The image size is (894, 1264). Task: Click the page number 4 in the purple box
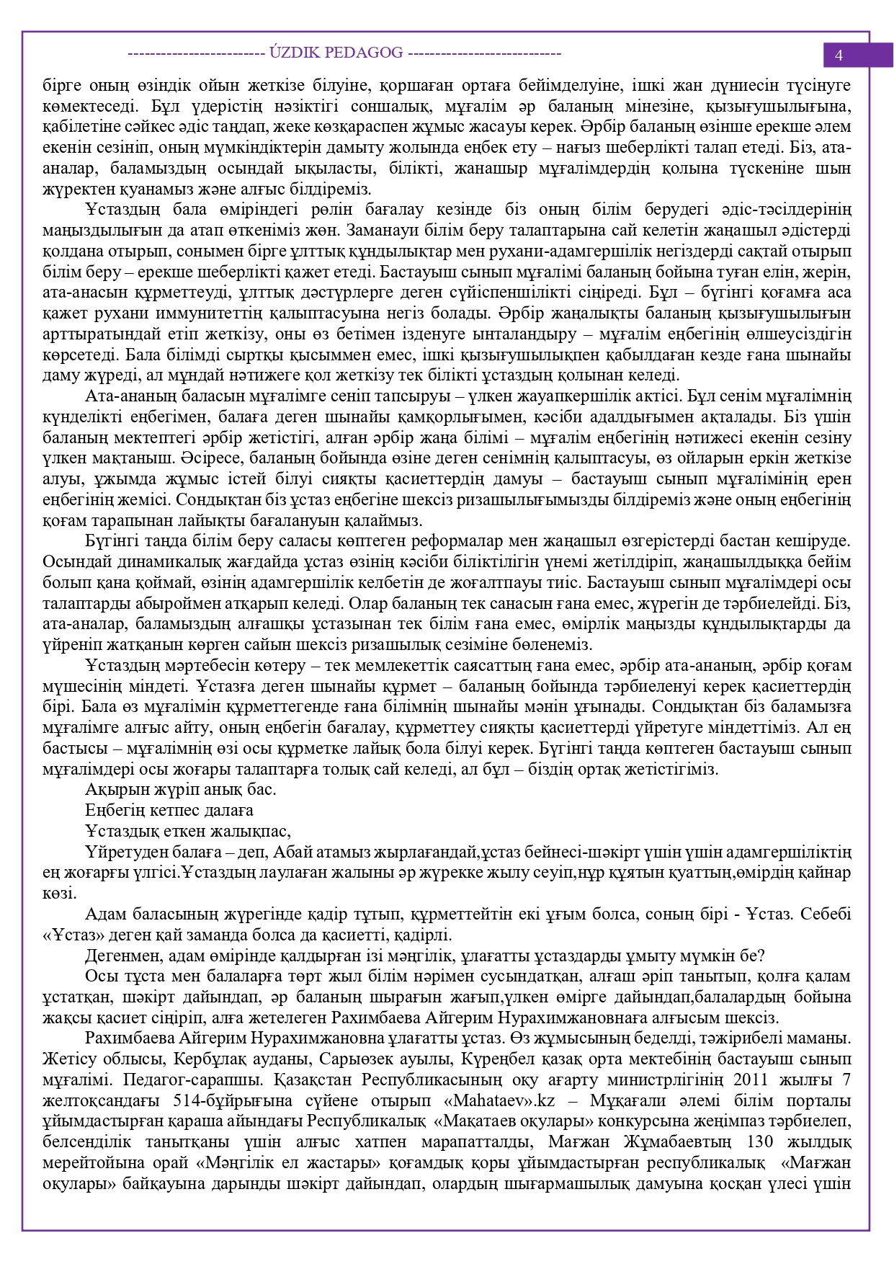(839, 55)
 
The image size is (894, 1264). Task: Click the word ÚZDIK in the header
(294, 53)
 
